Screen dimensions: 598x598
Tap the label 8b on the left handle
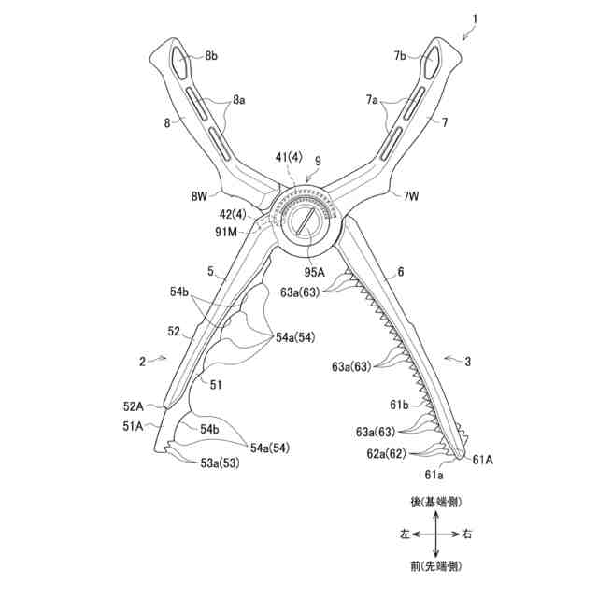pos(211,57)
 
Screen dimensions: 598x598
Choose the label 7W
pos(412,196)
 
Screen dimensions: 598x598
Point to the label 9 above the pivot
pos(318,160)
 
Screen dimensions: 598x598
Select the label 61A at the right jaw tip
pos(484,459)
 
